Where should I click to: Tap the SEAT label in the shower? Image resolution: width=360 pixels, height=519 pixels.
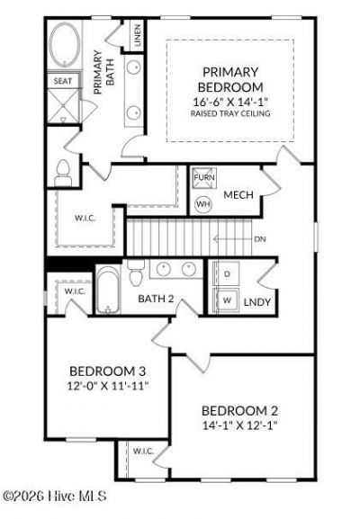pos(63,81)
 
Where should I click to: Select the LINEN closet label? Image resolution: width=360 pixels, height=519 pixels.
pos(137,35)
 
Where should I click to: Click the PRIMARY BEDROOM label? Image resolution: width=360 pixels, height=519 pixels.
pos(230,79)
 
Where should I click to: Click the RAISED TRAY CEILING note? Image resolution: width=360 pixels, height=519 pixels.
pos(230,113)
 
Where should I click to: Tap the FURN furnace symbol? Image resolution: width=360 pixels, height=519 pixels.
pos(204,178)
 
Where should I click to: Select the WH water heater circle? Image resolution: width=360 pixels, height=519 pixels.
pos(203,204)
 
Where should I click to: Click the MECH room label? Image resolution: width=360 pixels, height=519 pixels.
pos(238,195)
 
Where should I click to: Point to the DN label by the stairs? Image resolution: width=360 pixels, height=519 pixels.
pos(260,239)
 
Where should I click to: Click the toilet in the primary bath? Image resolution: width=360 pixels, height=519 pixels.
pos(63,173)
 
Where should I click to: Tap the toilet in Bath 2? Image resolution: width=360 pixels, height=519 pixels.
pos(136,273)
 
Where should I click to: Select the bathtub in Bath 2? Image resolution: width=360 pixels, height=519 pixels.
pos(108,289)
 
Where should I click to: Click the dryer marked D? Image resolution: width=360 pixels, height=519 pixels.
pos(227,273)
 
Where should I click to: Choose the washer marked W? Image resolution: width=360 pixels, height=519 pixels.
pos(227,300)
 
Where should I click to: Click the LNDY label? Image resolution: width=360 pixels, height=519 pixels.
pos(257,302)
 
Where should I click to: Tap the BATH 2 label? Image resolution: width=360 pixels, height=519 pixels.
pos(156,299)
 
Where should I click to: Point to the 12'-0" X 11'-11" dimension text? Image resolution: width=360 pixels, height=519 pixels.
pos(108,386)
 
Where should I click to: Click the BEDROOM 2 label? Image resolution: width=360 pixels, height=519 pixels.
pos(239,411)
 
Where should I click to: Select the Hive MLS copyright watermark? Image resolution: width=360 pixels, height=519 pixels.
pos(55,496)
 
